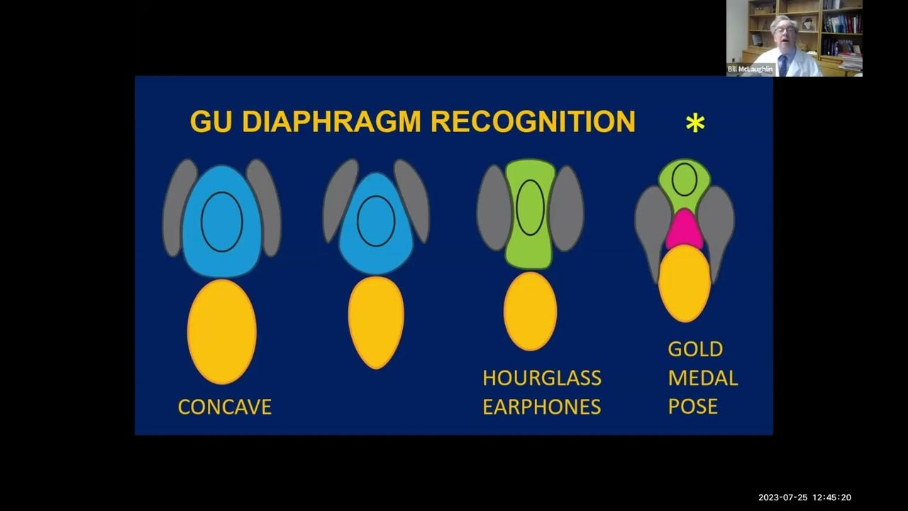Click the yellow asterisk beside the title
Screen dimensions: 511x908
point(695,123)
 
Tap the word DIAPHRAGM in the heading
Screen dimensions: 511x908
point(333,121)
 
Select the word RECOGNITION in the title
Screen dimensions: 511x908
point(533,121)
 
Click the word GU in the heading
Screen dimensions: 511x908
point(211,121)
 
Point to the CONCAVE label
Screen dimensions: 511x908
point(224,407)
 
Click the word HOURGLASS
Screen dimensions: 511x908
point(542,378)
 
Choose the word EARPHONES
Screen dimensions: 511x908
point(542,407)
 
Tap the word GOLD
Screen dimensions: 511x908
point(695,349)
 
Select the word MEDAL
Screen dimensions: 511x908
point(702,378)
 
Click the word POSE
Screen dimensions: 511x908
point(693,407)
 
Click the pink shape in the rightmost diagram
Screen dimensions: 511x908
point(684,229)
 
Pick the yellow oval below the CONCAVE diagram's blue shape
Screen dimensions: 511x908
point(222,331)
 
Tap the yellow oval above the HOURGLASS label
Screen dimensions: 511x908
point(530,311)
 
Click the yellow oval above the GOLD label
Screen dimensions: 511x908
point(685,282)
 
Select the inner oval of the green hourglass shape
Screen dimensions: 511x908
point(530,207)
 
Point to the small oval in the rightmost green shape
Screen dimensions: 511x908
point(684,179)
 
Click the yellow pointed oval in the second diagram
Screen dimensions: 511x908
point(376,322)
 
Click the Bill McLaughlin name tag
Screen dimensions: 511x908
point(750,69)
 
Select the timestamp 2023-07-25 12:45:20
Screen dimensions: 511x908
point(804,498)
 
